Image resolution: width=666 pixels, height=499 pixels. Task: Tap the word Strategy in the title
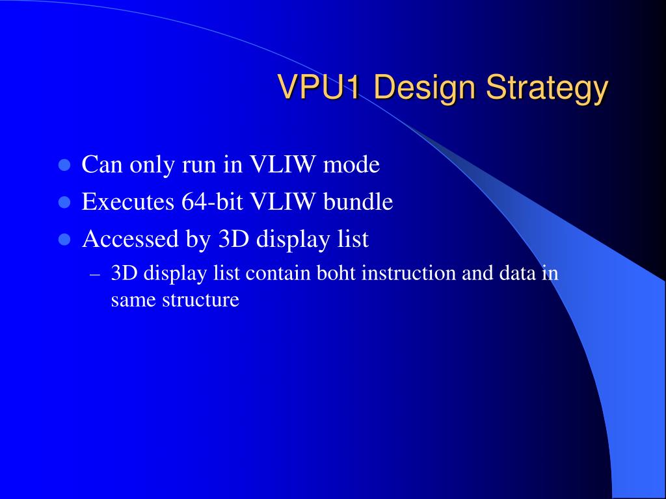point(547,88)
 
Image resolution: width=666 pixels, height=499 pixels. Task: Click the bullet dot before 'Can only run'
point(64,164)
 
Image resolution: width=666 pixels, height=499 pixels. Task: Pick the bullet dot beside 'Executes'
point(64,202)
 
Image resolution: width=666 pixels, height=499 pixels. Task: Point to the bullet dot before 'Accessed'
point(64,239)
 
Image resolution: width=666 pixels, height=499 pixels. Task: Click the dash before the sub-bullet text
point(95,275)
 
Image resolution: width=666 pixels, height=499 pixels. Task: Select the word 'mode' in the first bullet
point(351,164)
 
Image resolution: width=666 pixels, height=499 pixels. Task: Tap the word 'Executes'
point(128,201)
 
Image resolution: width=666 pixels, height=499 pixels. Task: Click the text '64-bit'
point(212,201)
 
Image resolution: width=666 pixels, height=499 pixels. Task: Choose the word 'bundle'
point(358,201)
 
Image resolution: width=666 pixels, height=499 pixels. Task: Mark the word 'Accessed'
point(130,238)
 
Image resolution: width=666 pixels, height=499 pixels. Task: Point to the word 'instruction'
point(408,273)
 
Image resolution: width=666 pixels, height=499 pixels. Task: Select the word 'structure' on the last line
point(200,300)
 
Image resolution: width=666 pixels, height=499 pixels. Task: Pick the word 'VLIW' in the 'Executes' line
point(282,201)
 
